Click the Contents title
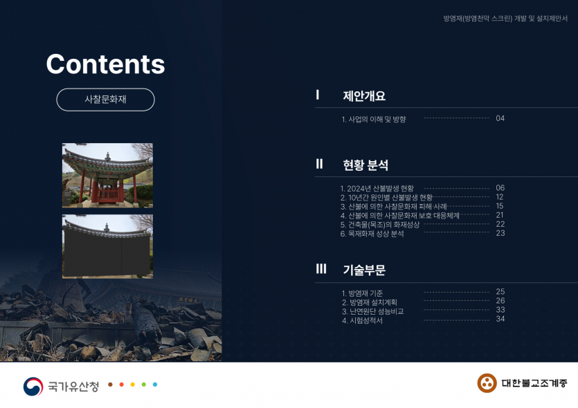[105, 64]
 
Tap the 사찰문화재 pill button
[105, 100]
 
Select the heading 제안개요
[364, 95]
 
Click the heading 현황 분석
[365, 165]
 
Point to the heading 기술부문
[364, 270]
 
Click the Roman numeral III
[321, 269]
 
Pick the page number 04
[500, 118]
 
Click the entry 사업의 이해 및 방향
[373, 119]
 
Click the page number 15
[500, 206]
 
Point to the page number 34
[500, 319]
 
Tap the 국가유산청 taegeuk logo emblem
[33, 387]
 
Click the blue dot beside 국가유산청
[155, 384]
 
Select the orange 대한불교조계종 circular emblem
[487, 383]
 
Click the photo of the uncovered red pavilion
[107, 175]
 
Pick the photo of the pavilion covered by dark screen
[107, 246]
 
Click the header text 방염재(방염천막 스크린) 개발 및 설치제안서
[505, 19]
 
